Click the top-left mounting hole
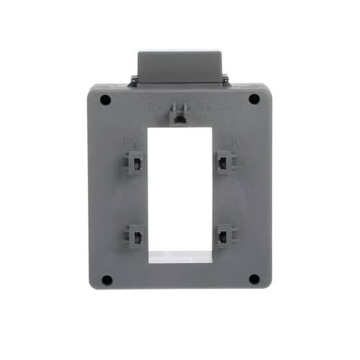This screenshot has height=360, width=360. (x=105, y=99)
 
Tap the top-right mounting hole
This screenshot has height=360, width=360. (x=254, y=99)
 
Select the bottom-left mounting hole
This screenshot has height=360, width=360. (x=106, y=279)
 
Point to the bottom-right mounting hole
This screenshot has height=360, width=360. (x=254, y=279)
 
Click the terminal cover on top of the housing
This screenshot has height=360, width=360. (x=179, y=66)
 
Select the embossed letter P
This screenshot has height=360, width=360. (x=128, y=142)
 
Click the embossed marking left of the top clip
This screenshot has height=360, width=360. (x=152, y=109)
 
